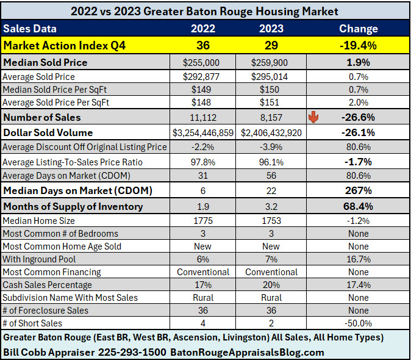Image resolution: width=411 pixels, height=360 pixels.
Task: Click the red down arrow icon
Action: [313, 117]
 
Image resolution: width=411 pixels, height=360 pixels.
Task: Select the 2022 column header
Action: [203, 29]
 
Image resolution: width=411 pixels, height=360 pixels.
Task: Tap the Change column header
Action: [359, 29]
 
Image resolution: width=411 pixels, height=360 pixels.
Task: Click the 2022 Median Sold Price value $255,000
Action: [203, 62]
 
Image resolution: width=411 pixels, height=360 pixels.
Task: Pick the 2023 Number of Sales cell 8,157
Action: [271, 117]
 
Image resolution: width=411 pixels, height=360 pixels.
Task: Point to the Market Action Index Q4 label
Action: [52, 45]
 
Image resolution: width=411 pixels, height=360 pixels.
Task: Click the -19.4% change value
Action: [359, 45]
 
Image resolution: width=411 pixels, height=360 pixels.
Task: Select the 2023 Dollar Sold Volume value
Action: [271, 132]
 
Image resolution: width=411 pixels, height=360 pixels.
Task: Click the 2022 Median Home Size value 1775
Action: [203, 220]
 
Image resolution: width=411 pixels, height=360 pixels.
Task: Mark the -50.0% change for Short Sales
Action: [359, 323]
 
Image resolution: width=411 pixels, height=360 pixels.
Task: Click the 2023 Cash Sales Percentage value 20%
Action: [271, 285]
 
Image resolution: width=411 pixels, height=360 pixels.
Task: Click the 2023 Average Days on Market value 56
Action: [271, 177]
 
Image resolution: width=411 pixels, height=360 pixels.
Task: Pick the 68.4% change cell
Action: [359, 206]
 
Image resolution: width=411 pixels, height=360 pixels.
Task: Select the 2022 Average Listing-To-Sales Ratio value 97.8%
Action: [203, 162]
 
